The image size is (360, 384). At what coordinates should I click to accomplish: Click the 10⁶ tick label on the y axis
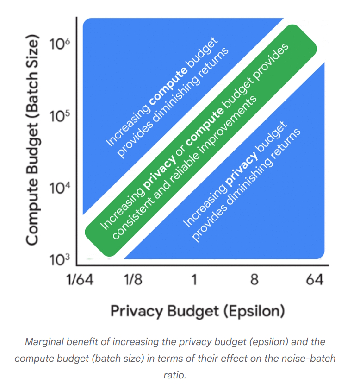[x=60, y=44]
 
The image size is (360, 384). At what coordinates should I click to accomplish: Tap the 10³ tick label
[x=60, y=259]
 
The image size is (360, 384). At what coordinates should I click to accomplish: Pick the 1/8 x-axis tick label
[x=134, y=281]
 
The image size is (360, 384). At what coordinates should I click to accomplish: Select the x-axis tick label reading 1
[x=194, y=281]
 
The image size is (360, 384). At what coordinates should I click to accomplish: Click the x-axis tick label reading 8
[x=254, y=281]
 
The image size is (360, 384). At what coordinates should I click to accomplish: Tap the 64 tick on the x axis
[x=313, y=281]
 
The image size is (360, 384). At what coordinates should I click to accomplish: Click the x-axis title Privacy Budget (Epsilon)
[x=198, y=311]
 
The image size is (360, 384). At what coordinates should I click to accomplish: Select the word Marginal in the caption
[x=43, y=342]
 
